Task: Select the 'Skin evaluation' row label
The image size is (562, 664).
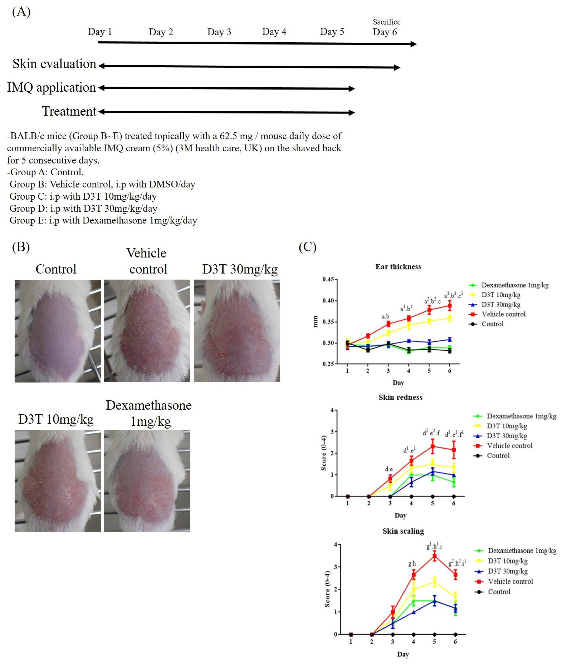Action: [54, 64]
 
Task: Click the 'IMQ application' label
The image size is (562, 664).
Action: [51, 88]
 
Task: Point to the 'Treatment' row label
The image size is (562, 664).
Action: [69, 111]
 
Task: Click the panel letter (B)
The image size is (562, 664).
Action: [21, 247]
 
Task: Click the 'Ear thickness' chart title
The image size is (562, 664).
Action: [398, 267]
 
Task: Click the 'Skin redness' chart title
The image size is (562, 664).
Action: [400, 397]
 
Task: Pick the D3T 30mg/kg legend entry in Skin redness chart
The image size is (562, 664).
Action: [507, 436]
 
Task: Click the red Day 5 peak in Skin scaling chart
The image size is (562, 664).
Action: [434, 556]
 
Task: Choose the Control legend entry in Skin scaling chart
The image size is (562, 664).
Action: [499, 592]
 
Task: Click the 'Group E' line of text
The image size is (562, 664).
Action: [103, 221]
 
